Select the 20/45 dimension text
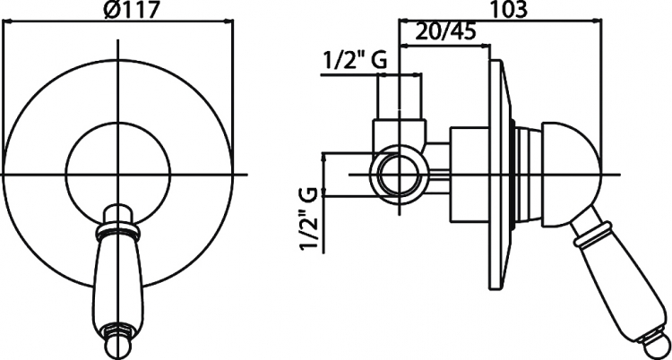tap(445, 32)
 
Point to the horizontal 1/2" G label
tap(354, 61)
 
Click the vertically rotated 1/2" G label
tap(309, 219)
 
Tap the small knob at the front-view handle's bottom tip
tap(118, 339)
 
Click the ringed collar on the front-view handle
tap(118, 232)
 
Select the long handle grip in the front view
tap(118, 283)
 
